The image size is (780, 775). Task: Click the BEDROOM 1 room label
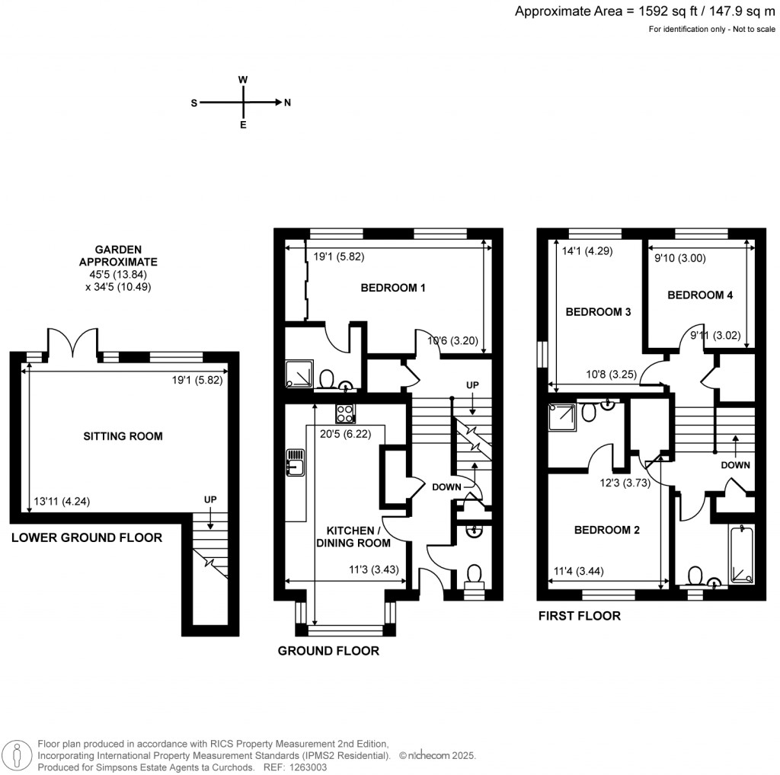click(392, 288)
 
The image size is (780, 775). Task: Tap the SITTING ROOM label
click(123, 436)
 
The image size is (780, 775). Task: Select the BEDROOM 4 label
click(700, 295)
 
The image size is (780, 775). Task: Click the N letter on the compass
click(287, 103)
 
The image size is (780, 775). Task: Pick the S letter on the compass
click(194, 103)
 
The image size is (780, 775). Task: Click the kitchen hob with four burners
click(344, 413)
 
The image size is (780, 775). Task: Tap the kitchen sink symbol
click(295, 462)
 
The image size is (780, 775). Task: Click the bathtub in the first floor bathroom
click(740, 555)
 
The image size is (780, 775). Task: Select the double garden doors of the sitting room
click(72, 344)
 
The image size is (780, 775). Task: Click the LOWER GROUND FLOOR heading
click(86, 537)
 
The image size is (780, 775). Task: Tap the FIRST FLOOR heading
click(579, 616)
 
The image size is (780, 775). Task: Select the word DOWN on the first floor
click(735, 464)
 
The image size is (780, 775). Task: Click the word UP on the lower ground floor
click(210, 499)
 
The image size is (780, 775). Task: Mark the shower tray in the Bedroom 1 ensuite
click(298, 374)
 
